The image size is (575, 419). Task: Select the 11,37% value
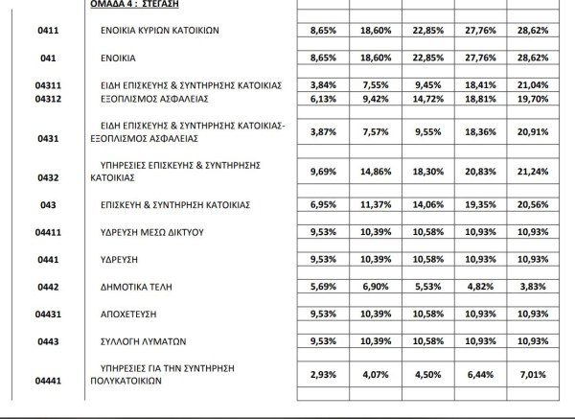[x=379, y=205]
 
